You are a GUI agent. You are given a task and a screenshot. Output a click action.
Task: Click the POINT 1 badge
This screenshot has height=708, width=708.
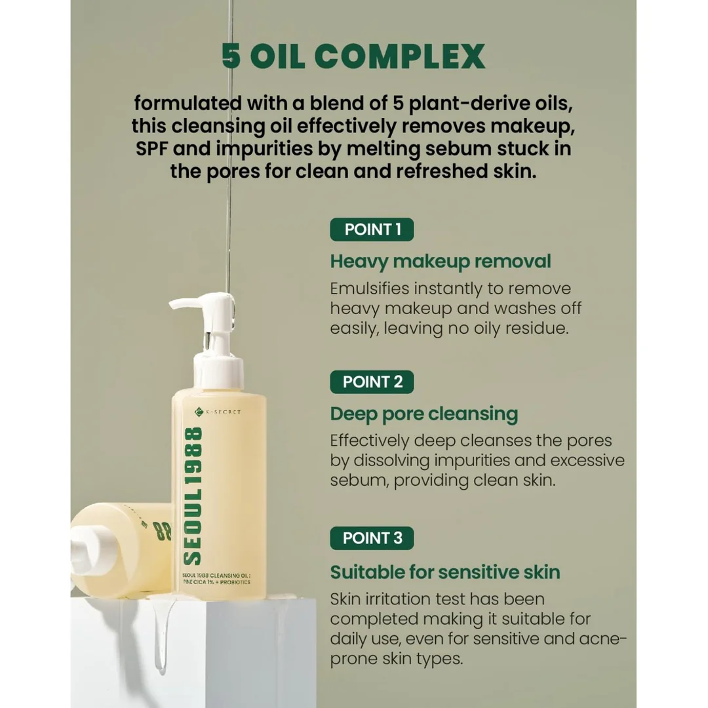(372, 229)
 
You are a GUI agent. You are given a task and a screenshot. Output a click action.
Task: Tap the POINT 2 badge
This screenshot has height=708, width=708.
(372, 382)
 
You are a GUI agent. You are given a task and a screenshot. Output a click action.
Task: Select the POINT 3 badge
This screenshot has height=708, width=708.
(372, 538)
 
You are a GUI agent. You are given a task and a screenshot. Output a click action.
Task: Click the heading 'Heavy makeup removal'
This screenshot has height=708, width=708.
(441, 262)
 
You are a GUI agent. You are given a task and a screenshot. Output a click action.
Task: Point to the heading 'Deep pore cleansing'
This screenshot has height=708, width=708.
(424, 414)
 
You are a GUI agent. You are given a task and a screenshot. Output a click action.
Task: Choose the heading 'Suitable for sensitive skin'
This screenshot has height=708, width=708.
(444, 572)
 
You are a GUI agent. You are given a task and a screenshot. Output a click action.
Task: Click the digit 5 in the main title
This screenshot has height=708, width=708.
(231, 56)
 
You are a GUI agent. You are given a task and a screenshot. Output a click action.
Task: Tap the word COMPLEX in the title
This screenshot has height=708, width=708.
(400, 56)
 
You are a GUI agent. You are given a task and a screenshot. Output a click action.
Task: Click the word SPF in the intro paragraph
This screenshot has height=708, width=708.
(151, 149)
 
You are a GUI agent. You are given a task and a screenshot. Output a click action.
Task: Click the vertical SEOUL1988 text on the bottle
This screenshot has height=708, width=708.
(193, 496)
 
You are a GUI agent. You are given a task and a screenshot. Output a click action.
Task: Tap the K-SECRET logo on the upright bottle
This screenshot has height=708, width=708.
(218, 412)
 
